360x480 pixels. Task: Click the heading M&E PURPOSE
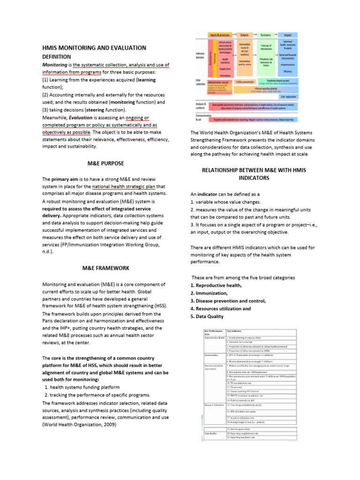pos(105,164)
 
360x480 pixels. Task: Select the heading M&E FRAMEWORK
pos(105,268)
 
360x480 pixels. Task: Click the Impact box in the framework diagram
pos(288,35)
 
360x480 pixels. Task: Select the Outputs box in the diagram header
pos(244,35)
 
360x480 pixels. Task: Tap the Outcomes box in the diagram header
pos(266,35)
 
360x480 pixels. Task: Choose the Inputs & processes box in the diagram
pos(219,35)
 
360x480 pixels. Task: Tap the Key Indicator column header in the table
pos(235,332)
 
